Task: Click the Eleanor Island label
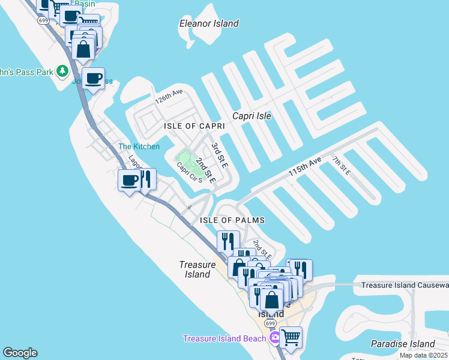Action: (x=209, y=23)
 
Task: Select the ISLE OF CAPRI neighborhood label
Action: (x=194, y=126)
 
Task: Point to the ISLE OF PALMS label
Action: (x=232, y=220)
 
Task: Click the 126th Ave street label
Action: (x=168, y=97)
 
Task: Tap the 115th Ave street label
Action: (x=305, y=166)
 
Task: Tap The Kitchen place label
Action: (x=139, y=146)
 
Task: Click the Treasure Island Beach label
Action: (x=224, y=339)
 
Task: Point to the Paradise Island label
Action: (x=402, y=344)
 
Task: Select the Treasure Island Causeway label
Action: (x=405, y=285)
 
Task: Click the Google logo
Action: (x=20, y=353)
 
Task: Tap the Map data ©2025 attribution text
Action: (x=423, y=355)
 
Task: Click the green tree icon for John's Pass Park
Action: (x=62, y=71)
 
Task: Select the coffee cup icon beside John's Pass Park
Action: (x=93, y=78)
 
